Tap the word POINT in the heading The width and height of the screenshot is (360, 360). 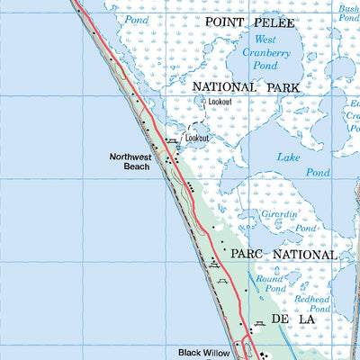[x=228, y=20]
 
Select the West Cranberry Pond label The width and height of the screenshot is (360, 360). [x=265, y=52]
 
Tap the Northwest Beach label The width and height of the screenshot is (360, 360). [x=130, y=161]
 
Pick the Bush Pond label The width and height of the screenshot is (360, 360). [x=348, y=13]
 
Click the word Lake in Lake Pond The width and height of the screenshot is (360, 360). [x=288, y=157]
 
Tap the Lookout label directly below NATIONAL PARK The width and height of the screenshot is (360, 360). [x=220, y=102]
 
